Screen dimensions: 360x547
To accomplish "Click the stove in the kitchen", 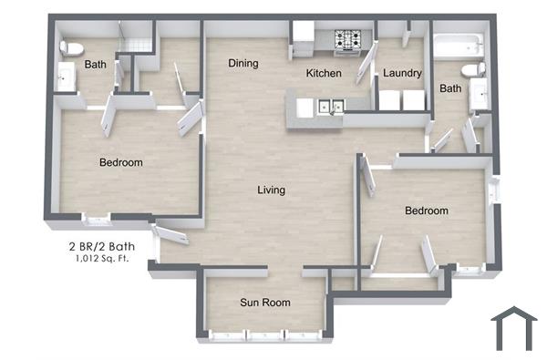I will pos(347,40).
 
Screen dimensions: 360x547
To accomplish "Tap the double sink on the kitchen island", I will pos(330,107).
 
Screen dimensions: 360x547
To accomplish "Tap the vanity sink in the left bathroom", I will pos(66,78).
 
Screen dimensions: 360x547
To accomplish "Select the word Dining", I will pos(243,64).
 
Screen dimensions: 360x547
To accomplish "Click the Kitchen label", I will pos(324,73).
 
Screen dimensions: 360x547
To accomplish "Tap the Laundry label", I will pos(402,73).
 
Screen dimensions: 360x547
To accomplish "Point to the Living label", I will pos(271,190).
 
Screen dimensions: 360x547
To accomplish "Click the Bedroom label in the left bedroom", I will pos(120,162).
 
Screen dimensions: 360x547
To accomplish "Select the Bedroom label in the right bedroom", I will pos(427,211).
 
